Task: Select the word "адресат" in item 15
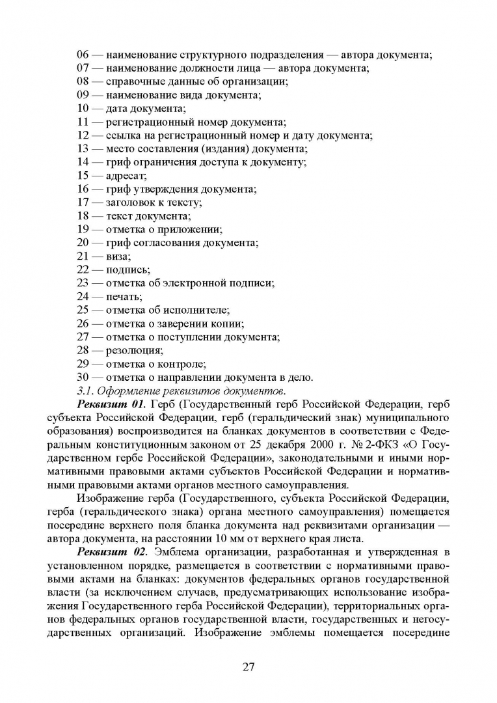126,176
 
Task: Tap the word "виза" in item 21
118,256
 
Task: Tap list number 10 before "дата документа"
84,109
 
